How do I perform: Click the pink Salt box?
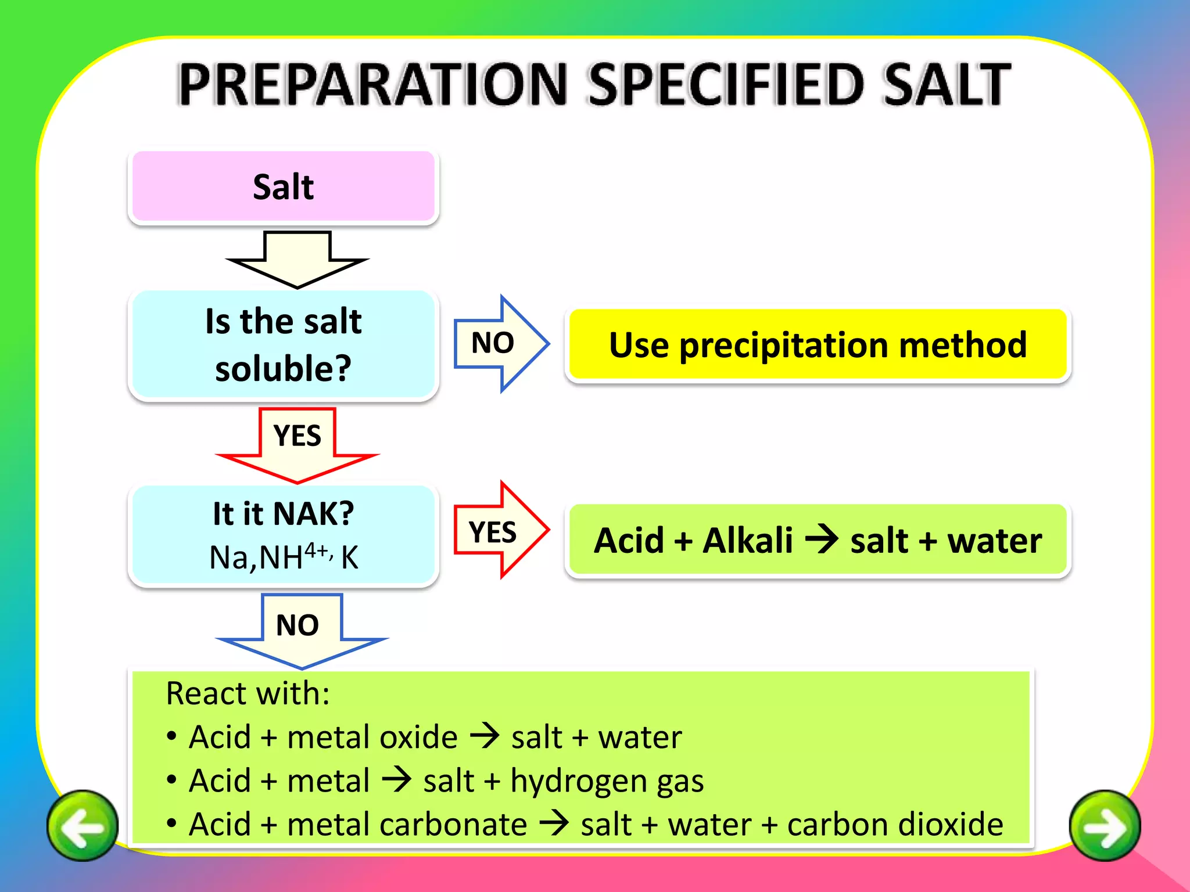[283, 186]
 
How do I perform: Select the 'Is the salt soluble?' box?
[283, 344]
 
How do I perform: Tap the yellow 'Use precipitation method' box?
[818, 345]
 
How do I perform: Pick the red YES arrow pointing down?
[297, 444]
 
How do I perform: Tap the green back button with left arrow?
[83, 825]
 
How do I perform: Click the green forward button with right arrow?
[1105, 825]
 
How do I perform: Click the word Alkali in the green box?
[747, 541]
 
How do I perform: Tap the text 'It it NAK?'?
[283, 513]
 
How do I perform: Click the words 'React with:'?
[248, 693]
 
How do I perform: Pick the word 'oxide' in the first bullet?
[418, 737]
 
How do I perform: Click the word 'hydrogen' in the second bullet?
[578, 781]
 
